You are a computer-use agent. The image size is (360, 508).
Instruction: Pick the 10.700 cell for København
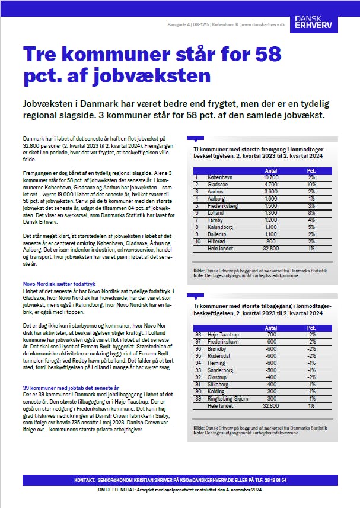[x=270, y=177]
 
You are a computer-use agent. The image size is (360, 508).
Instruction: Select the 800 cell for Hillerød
[x=270, y=240]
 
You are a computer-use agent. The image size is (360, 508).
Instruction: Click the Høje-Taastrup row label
[x=221, y=334]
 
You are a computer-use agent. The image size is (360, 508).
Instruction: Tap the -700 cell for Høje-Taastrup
[x=270, y=334]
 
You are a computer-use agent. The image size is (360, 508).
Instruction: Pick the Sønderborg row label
[x=218, y=369]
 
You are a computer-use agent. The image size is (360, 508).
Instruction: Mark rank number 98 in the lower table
[x=198, y=334]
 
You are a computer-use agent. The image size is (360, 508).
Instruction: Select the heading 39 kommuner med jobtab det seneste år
[x=70, y=387]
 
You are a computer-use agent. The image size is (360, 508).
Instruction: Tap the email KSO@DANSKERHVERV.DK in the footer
[x=209, y=480]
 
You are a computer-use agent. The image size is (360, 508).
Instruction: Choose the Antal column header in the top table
[x=270, y=170]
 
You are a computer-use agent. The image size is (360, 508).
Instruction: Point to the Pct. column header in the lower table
[x=311, y=328]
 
